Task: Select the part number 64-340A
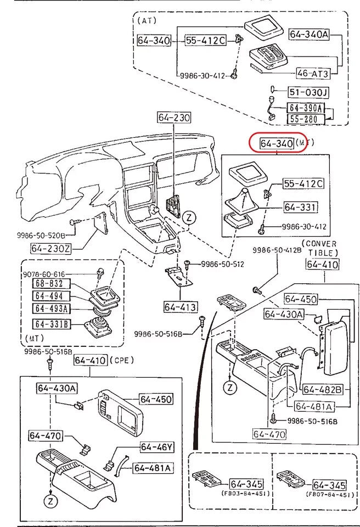[x=308, y=34]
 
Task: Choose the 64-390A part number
[x=306, y=108]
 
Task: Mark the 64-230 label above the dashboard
[x=174, y=117]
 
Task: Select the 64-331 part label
[x=300, y=207]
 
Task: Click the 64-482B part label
[x=323, y=389]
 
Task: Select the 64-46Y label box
[x=156, y=447]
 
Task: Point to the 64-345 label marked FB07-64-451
[x=329, y=485]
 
